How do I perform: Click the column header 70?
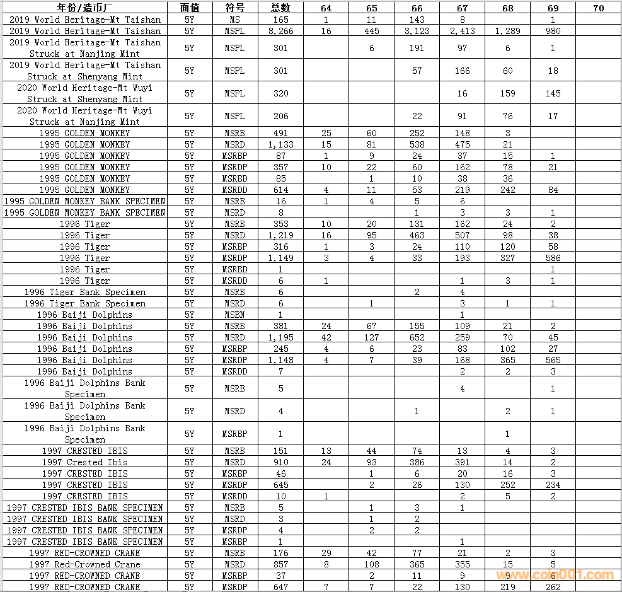[598, 8]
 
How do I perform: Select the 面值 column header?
[190, 8]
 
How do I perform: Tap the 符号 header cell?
[234, 8]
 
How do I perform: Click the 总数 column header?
[280, 8]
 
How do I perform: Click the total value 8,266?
[280, 31]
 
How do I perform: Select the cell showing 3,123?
[417, 31]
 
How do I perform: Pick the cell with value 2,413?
[462, 31]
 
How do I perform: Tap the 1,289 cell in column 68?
[507, 31]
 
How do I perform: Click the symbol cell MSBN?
[234, 315]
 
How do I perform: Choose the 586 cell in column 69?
[553, 258]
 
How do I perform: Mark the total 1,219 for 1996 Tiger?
[280, 235]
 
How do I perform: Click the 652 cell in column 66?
[417, 337]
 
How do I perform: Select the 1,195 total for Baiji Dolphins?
[280, 337]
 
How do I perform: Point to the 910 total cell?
[280, 462]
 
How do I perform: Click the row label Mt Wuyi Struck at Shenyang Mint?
[84, 93]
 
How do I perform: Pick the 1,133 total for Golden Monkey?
[280, 144]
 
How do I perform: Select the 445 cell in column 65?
[371, 31]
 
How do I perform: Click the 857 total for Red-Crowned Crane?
[280, 564]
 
